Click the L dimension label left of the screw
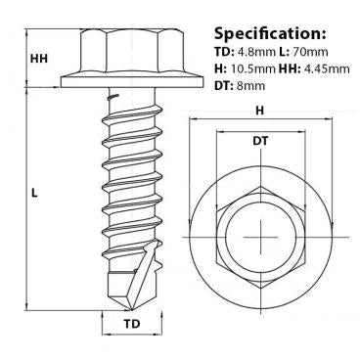pyautogui.click(x=34, y=194)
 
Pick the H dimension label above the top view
pyautogui.click(x=258, y=111)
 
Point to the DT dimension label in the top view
pyautogui.click(x=258, y=143)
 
